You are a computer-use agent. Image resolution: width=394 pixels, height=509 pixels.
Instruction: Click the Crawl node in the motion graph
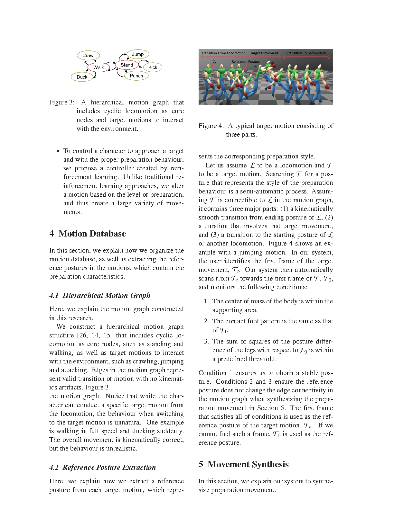(x=88, y=56)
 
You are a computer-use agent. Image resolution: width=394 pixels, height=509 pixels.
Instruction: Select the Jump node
(x=138, y=54)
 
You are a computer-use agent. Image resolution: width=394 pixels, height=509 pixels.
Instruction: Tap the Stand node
(x=127, y=65)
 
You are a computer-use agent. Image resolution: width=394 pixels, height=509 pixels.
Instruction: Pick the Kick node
(x=153, y=67)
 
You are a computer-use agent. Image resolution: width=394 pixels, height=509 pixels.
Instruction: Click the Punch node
(x=136, y=76)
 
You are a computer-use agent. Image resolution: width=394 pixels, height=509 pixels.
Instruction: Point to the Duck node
(x=82, y=77)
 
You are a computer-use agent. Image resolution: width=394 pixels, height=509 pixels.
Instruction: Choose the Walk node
(x=98, y=67)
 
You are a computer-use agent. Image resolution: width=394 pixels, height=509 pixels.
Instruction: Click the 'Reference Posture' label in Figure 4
(x=246, y=62)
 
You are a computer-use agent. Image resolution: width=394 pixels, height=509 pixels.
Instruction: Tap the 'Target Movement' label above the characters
(x=264, y=53)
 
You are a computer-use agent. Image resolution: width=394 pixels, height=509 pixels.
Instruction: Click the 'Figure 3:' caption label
(x=62, y=103)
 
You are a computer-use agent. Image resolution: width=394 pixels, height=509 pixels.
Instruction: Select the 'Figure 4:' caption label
(x=211, y=126)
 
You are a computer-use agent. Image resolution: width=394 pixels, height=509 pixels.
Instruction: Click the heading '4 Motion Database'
(x=88, y=234)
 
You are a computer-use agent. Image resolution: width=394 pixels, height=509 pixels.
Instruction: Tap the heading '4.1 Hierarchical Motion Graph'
(x=100, y=295)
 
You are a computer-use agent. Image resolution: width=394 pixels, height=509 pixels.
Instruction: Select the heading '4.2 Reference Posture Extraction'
(x=102, y=467)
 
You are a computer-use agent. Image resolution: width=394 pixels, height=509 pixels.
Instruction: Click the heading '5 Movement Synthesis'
(x=243, y=464)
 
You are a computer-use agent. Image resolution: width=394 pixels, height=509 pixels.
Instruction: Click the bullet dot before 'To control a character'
(x=58, y=151)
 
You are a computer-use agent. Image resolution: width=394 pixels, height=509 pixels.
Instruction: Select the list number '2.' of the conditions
(x=206, y=321)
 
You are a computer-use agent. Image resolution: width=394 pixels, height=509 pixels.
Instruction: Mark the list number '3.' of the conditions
(x=206, y=342)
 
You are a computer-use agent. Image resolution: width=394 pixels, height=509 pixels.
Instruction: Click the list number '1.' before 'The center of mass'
(x=206, y=301)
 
